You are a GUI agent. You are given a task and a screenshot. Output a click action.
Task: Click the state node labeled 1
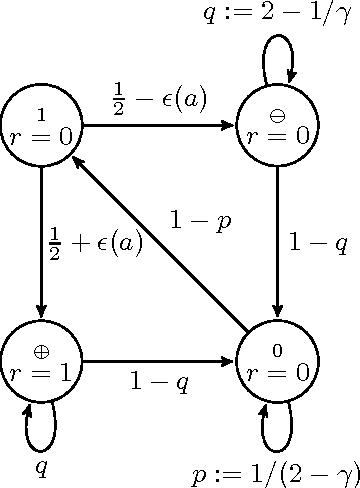pos(42,127)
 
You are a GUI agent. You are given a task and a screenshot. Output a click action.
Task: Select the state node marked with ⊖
pos(276,127)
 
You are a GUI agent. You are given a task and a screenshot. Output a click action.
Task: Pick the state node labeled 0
pos(276,364)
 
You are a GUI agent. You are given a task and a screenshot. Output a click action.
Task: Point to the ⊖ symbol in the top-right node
pos(276,112)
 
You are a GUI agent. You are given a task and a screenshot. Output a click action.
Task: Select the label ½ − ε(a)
pos(160,100)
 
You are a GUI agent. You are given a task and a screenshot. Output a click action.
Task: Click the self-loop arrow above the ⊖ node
pos(277,54)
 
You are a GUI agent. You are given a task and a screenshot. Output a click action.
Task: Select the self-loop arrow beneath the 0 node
pos(276,430)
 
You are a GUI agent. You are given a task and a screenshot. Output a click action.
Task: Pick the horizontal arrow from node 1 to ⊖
pos(160,127)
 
